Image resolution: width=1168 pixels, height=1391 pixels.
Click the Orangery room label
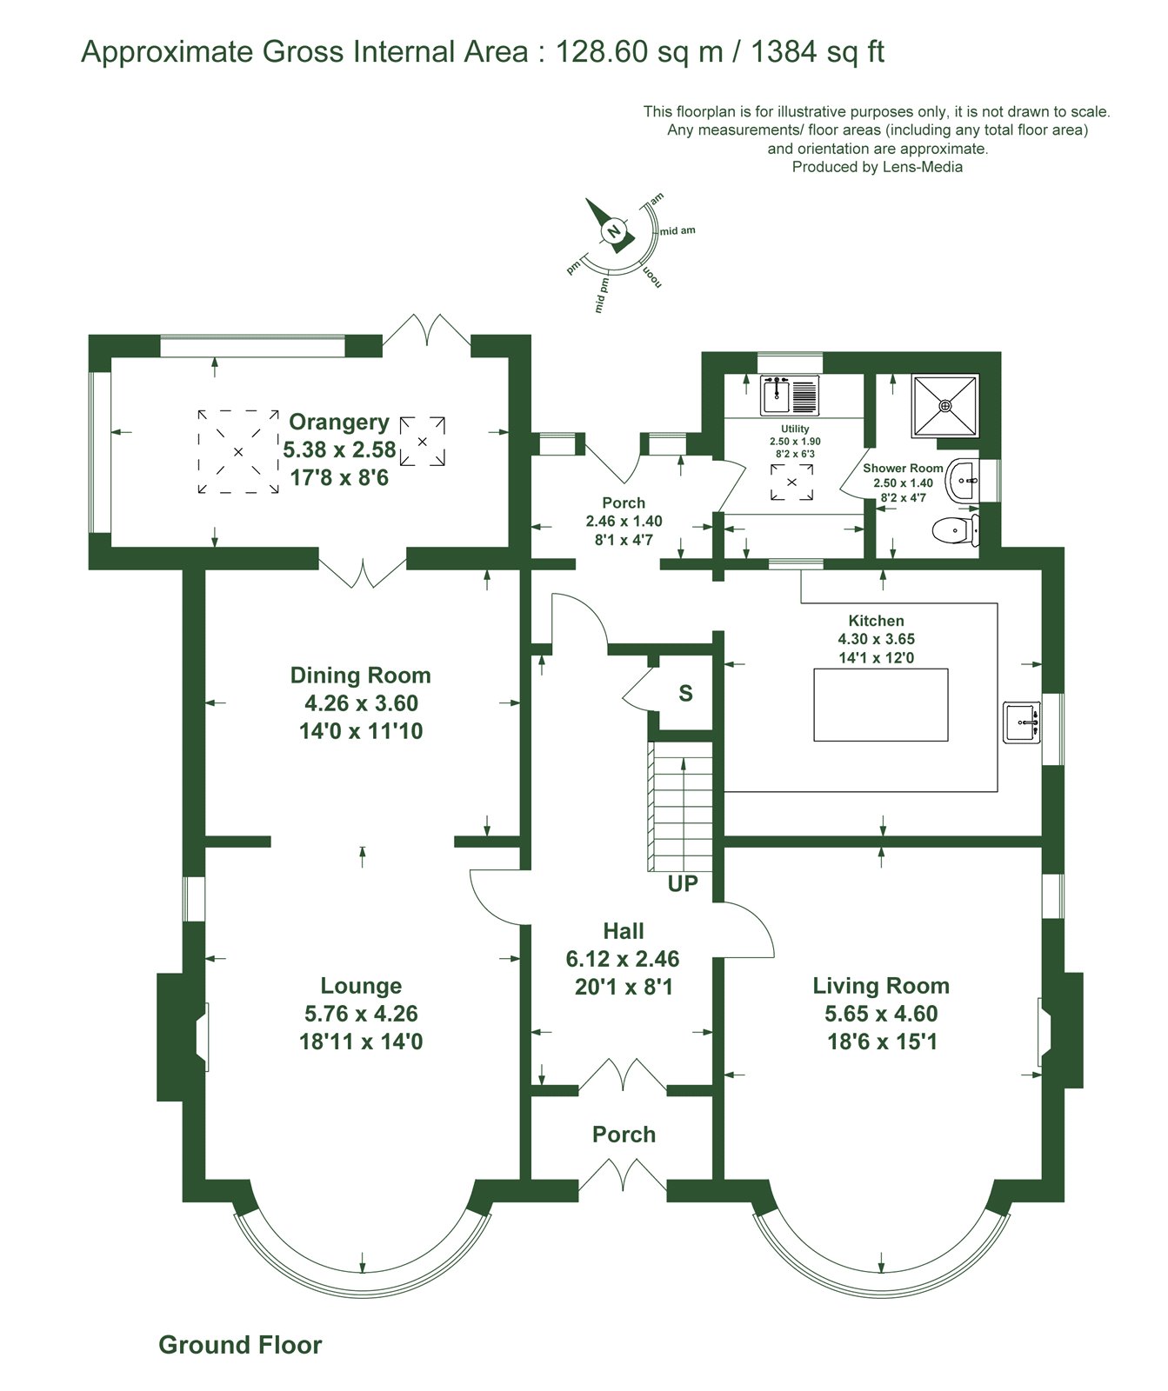click(x=339, y=422)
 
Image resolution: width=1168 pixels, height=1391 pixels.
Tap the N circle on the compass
click(x=614, y=231)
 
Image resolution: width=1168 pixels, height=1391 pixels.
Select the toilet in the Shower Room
click(x=955, y=528)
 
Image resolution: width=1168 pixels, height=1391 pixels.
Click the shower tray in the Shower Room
click(x=945, y=406)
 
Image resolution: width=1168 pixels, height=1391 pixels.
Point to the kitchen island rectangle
click(x=881, y=704)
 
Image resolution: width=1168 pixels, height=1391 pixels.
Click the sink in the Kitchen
click(x=1023, y=722)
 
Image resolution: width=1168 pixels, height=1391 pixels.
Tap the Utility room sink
click(x=790, y=396)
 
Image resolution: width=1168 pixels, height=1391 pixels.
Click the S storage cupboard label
click(x=686, y=693)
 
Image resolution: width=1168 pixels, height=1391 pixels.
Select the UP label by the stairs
click(x=683, y=884)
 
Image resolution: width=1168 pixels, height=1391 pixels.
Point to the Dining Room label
click(x=360, y=676)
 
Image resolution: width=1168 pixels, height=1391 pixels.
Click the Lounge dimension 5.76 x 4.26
click(x=361, y=1014)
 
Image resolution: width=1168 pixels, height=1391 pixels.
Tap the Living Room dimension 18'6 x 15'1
click(x=882, y=1042)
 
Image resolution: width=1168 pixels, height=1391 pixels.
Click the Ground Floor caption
click(x=240, y=1345)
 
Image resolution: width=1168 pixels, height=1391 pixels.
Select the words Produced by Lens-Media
click(x=878, y=167)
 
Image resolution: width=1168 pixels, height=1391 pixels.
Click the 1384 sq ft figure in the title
click(x=818, y=52)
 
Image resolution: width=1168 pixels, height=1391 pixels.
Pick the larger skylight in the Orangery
click(x=237, y=452)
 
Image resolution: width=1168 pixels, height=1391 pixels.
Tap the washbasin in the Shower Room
click(x=963, y=480)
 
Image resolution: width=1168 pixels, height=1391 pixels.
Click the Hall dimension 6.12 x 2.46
click(x=623, y=959)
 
